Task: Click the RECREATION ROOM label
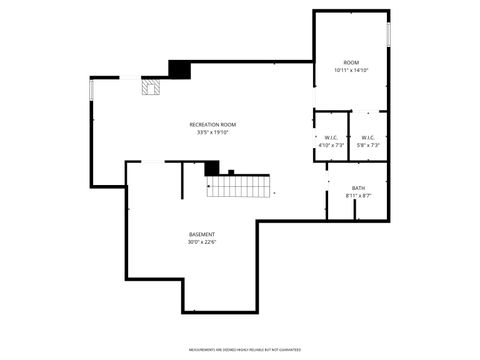pos(212,124)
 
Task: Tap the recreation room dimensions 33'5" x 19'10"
pos(212,132)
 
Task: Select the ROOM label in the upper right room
pos(351,62)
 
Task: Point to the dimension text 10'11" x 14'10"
pos(351,70)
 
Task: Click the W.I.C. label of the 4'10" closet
pos(331,138)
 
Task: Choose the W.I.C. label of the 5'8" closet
pos(367,138)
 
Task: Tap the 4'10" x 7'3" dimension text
pos(331,146)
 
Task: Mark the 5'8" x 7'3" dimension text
pos(367,146)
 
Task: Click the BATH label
pos(358,188)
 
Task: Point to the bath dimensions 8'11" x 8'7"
pos(358,196)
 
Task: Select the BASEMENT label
pos(202,234)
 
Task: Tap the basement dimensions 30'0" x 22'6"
pos(202,242)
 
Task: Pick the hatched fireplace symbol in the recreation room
pos(151,87)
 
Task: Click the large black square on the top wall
pos(179,69)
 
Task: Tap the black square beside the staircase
pos(211,168)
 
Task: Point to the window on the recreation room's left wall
pos(92,90)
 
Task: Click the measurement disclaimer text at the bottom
pos(240,350)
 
